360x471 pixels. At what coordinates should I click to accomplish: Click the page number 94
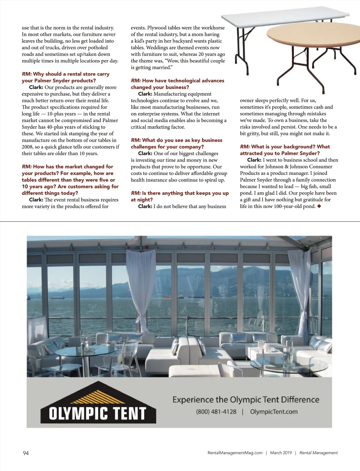pyautogui.click(x=26, y=453)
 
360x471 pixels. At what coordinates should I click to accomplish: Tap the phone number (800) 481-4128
pyautogui.click(x=216, y=412)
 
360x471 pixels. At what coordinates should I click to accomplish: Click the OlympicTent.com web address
pyautogui.click(x=274, y=412)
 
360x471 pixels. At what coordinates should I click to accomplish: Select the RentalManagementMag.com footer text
pyautogui.click(x=235, y=453)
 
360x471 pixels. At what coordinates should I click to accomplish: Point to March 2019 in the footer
pyautogui.click(x=281, y=453)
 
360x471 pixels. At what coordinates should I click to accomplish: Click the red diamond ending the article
pyautogui.click(x=319, y=206)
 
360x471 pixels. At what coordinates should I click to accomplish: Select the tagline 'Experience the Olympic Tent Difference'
pyautogui.click(x=246, y=400)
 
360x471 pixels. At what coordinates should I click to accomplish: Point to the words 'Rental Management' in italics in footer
pyautogui.click(x=318, y=453)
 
